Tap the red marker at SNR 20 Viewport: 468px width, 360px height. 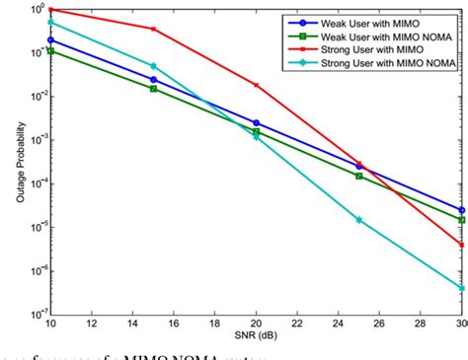(256, 85)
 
